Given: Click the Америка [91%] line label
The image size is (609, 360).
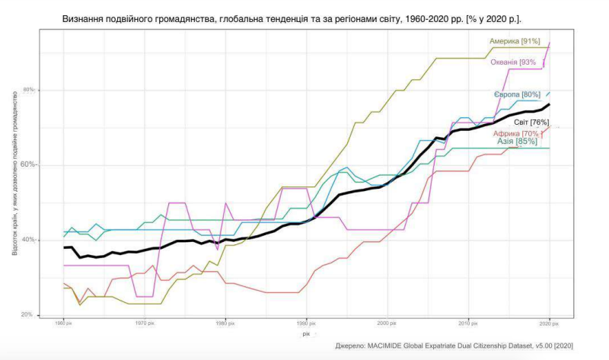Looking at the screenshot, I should click(514, 41).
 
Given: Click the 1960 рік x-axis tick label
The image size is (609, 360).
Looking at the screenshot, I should click(62, 323).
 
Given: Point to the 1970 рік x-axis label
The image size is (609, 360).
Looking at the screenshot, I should click(144, 323).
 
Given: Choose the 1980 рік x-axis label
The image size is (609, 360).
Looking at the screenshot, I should click(225, 323).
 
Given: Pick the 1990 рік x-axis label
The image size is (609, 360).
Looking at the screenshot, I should click(306, 323).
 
